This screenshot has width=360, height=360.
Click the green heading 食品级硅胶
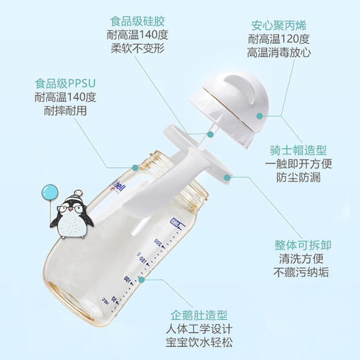[138, 20]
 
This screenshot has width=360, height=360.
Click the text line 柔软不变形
[138, 50]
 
